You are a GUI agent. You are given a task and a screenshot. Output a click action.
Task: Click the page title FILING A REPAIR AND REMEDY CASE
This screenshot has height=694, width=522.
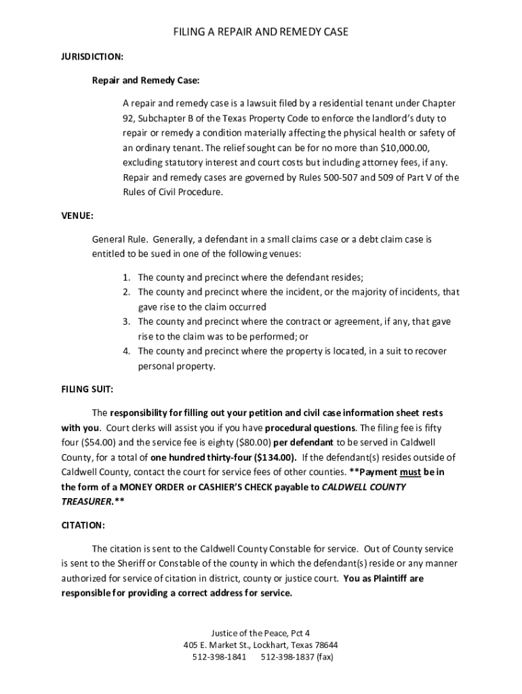tap(260, 32)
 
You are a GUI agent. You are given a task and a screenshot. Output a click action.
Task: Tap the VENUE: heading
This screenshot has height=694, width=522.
tap(77, 216)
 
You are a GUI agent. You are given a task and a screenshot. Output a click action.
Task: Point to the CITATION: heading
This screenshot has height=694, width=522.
tap(83, 525)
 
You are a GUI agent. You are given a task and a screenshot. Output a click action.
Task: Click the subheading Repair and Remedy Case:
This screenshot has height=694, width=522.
tap(146, 81)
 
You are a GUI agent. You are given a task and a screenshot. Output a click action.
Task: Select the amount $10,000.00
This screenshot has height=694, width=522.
tap(405, 148)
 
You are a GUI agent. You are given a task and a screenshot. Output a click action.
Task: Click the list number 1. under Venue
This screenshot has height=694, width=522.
tap(127, 277)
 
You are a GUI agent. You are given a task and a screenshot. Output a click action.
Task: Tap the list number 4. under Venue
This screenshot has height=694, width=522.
tap(127, 351)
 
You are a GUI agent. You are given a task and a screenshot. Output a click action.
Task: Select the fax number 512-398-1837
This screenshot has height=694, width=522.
tap(287, 657)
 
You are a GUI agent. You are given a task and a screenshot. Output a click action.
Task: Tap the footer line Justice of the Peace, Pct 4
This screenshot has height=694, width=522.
tap(260, 632)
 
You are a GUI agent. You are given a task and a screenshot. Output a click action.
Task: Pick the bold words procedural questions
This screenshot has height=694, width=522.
tap(310, 428)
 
